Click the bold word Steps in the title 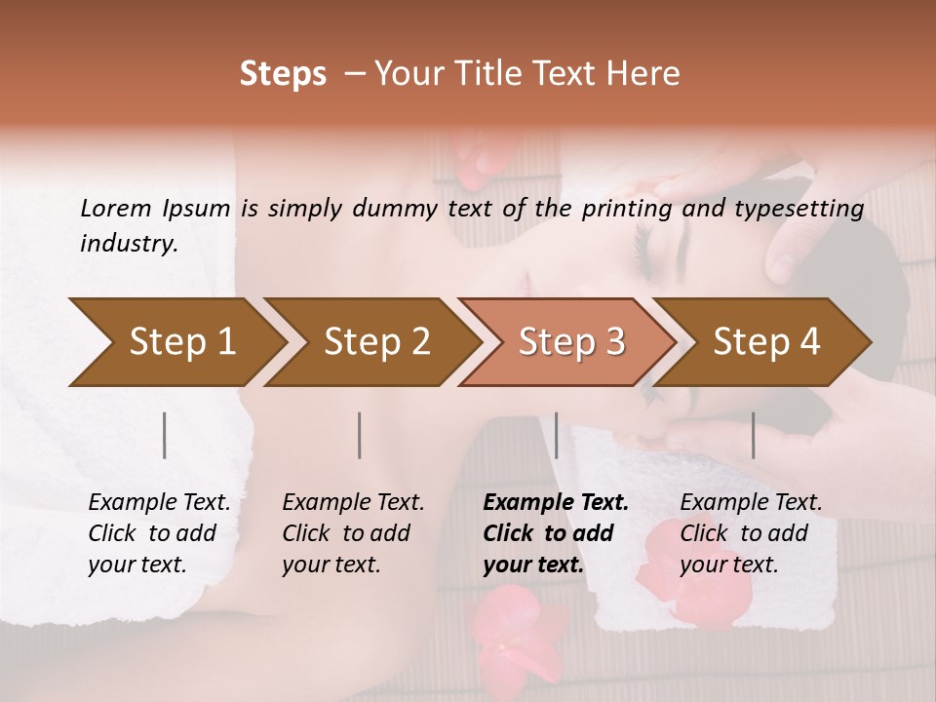coord(283,73)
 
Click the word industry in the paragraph coord(128,244)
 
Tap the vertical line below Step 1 coord(165,435)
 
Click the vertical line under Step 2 coord(360,435)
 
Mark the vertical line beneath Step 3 coord(556,435)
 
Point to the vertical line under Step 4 coord(753,435)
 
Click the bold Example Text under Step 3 coord(556,503)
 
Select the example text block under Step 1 coord(159,533)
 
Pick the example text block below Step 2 coord(353,533)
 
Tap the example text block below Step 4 coord(750,533)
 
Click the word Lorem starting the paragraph coord(115,208)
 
